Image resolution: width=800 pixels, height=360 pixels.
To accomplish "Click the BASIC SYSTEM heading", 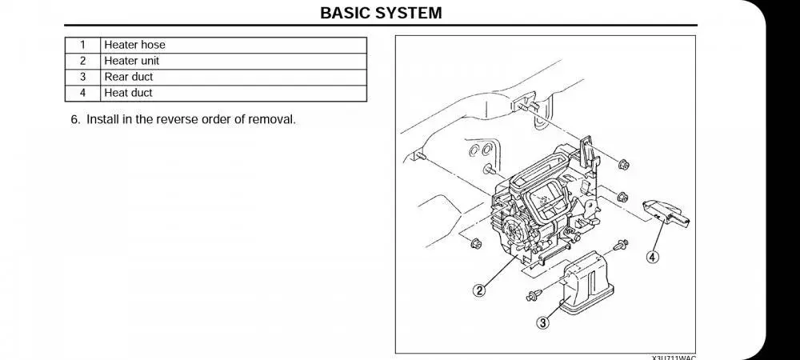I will tap(380, 14).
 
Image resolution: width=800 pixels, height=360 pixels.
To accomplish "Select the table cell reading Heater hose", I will tap(134, 45).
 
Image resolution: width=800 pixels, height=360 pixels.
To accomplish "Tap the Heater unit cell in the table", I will tap(131, 61).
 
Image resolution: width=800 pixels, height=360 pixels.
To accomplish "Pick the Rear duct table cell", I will tap(128, 77).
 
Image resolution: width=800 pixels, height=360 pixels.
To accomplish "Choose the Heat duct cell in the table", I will tap(128, 93).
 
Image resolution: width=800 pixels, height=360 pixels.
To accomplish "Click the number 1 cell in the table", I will tap(82, 45).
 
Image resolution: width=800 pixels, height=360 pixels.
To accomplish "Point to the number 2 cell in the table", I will tap(82, 61).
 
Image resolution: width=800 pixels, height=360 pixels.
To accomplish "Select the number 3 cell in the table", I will tap(82, 77).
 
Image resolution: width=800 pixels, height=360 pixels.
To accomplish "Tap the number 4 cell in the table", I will tap(82, 93).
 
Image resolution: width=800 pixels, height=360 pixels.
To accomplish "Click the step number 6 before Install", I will tap(74, 120).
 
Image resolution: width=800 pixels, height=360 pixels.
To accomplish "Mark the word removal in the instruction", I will tap(273, 120).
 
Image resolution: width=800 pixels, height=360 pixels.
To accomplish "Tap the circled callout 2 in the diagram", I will tap(479, 290).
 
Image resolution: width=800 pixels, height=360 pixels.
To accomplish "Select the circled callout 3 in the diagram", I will tap(542, 323).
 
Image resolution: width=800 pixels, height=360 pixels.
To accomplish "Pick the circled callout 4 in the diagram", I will tap(654, 258).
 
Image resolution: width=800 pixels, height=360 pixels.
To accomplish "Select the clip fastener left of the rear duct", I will tap(532, 295).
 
